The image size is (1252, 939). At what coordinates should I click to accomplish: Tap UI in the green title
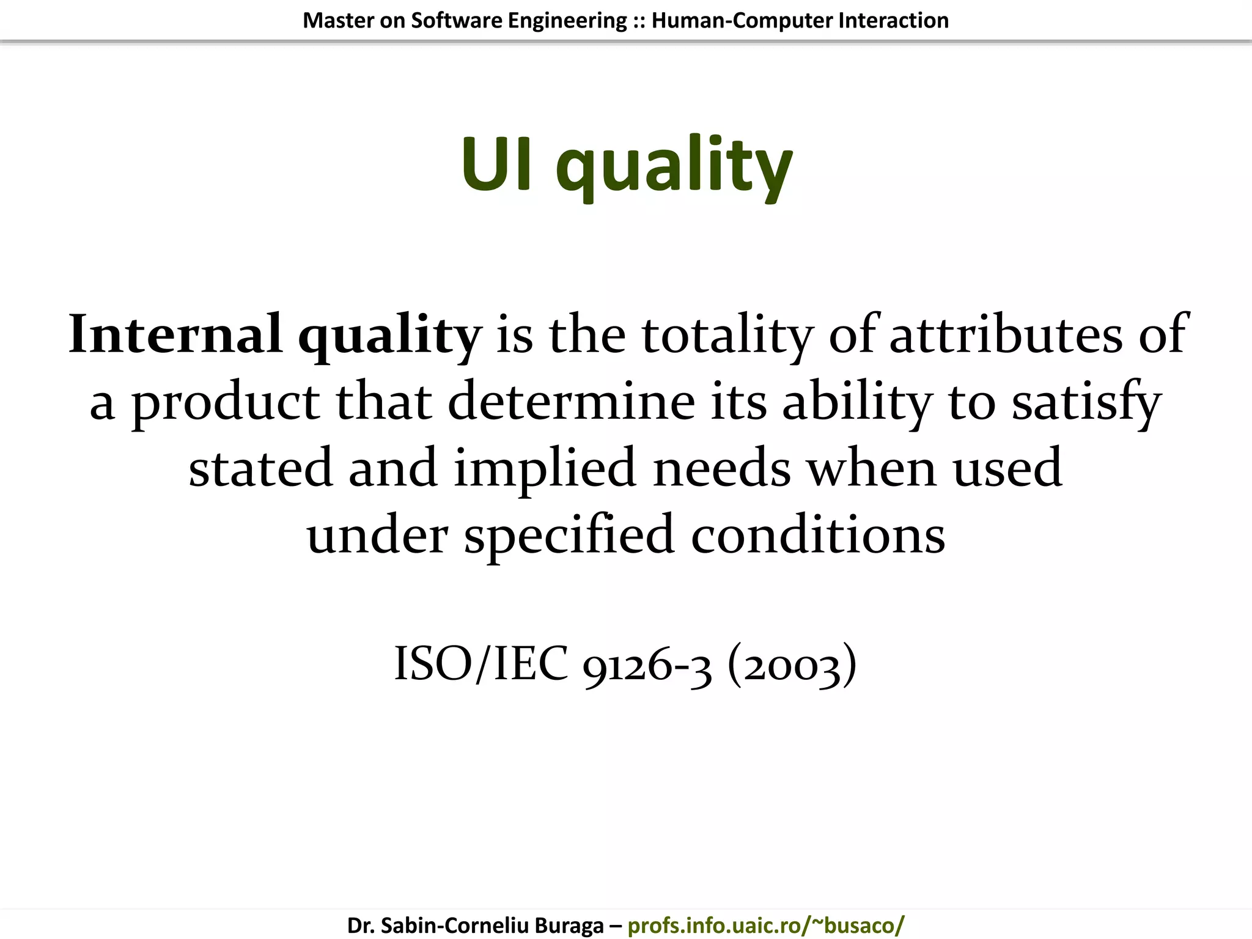[496, 164]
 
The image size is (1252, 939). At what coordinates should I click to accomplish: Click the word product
[226, 403]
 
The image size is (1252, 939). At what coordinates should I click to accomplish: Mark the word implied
[545, 469]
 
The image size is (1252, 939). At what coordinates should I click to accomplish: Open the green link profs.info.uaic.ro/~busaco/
[765, 925]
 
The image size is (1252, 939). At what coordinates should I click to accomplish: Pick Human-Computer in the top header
[742, 20]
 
